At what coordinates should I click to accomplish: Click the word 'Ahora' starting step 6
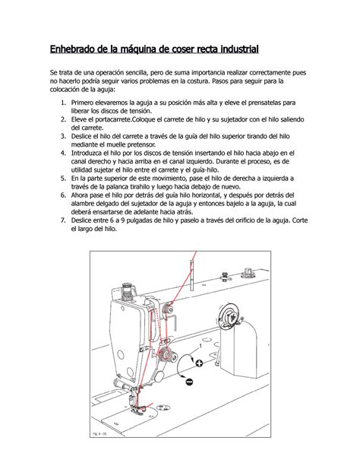pyautogui.click(x=83, y=195)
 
